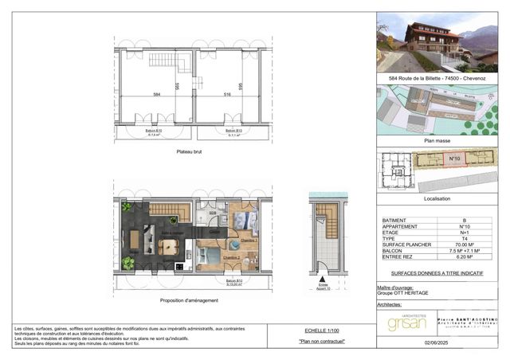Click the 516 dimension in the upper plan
[x=226, y=94]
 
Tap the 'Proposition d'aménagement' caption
[x=189, y=300]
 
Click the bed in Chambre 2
[x=210, y=256]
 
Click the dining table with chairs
[x=167, y=245]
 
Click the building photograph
[x=436, y=41]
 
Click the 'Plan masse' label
[x=436, y=139]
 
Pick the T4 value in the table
[x=464, y=237]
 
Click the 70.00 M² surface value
[x=464, y=245]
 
